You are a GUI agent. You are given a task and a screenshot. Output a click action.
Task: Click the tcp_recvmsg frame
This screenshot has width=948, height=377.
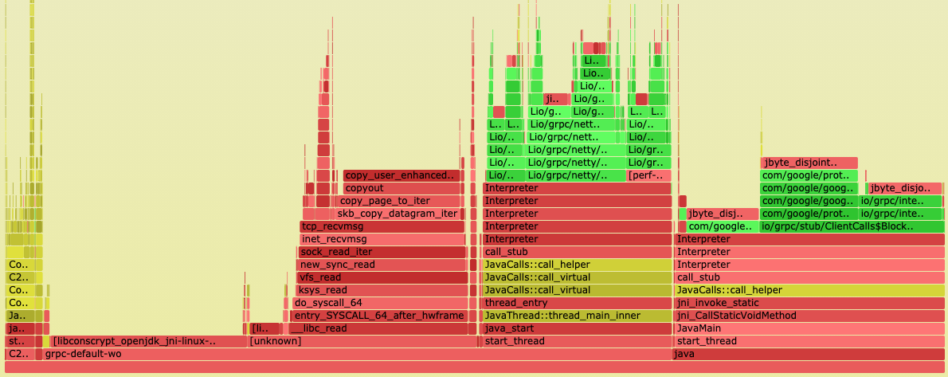pyautogui.click(x=382, y=226)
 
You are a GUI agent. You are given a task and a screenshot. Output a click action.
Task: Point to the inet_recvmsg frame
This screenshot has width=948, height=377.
pyautogui.click(x=382, y=239)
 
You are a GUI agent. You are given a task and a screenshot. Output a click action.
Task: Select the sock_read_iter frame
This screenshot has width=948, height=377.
pyautogui.click(x=382, y=252)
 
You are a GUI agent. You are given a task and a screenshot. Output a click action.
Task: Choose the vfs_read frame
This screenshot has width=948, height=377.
pyautogui.click(x=382, y=277)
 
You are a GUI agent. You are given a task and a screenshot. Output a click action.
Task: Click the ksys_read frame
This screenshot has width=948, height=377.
pyautogui.click(x=382, y=290)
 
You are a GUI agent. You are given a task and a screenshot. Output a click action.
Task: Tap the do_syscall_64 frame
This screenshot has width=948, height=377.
pyautogui.click(x=378, y=303)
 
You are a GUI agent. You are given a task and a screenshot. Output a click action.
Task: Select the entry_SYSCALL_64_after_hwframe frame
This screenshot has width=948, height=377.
pyautogui.click(x=378, y=316)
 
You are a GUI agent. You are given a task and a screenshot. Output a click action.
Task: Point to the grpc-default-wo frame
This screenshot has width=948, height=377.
pyautogui.click(x=319, y=354)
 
